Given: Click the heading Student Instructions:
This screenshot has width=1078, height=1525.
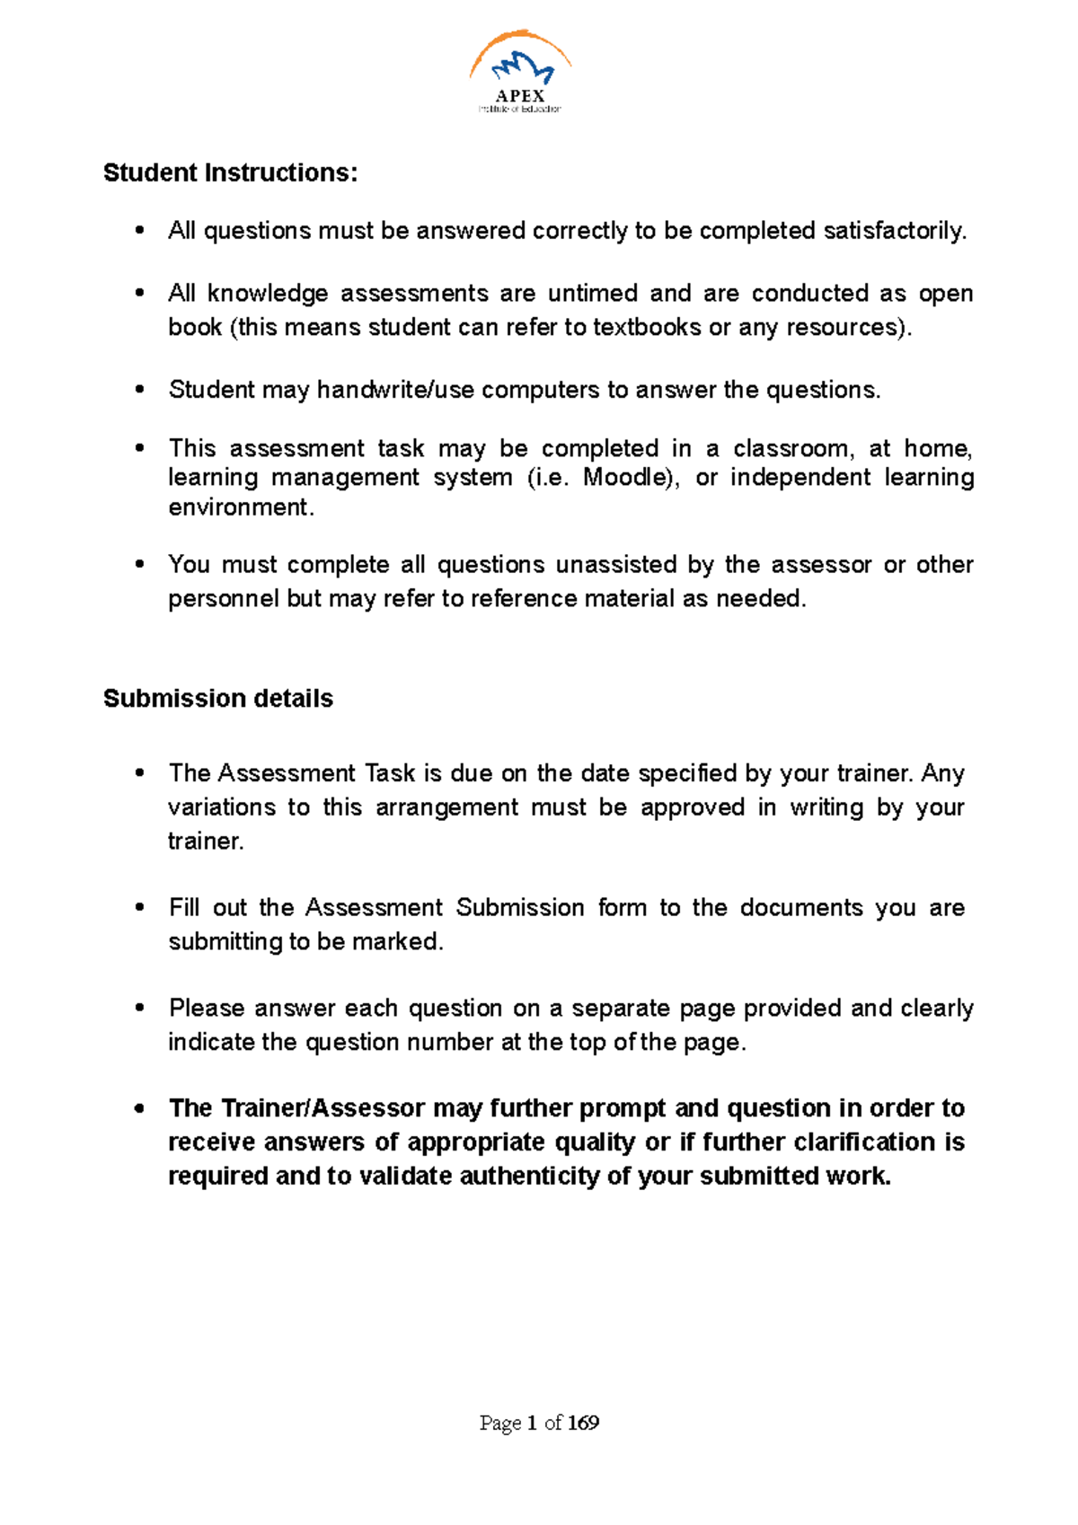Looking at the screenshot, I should [x=230, y=172].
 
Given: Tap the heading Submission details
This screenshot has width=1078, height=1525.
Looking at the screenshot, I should [x=218, y=699].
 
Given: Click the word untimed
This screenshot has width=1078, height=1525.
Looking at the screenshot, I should [x=592, y=294].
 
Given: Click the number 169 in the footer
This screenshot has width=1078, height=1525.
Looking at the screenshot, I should [x=583, y=1423].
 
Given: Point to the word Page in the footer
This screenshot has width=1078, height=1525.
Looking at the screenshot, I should [x=499, y=1423].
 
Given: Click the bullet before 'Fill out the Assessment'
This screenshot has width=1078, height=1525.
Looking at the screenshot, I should [x=139, y=908].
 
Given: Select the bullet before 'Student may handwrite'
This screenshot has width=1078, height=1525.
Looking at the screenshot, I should [x=139, y=390].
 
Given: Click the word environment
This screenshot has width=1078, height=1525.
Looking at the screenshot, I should [x=240, y=507].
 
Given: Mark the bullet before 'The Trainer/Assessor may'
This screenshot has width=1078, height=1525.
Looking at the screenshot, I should [x=139, y=1108].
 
